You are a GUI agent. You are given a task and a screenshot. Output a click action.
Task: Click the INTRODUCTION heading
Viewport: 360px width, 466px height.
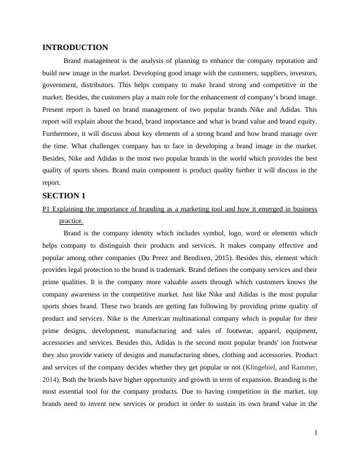(x=75, y=48)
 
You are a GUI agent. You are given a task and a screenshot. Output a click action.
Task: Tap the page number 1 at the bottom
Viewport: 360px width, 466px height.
(x=316, y=433)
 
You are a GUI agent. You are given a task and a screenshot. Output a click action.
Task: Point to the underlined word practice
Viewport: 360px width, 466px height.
(x=71, y=221)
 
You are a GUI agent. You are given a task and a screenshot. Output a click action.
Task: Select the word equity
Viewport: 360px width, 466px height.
(x=306, y=122)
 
